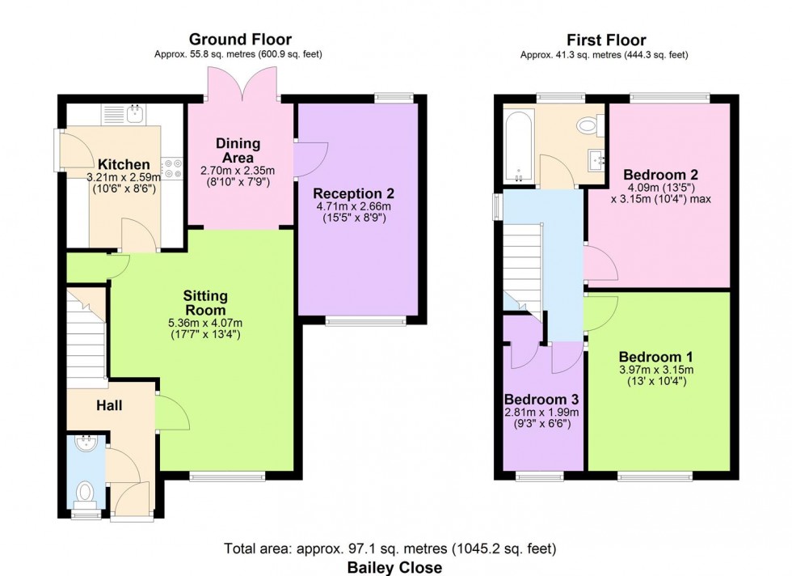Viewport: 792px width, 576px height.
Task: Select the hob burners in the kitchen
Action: tap(171, 167)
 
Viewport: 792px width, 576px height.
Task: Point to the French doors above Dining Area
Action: tap(239, 83)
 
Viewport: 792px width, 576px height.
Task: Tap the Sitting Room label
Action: tap(204, 303)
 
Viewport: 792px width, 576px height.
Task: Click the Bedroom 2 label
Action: tap(660, 174)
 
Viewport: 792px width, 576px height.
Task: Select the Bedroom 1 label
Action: tap(656, 357)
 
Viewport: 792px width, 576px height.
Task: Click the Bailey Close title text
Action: tap(394, 567)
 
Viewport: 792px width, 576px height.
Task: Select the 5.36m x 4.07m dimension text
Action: tap(204, 324)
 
